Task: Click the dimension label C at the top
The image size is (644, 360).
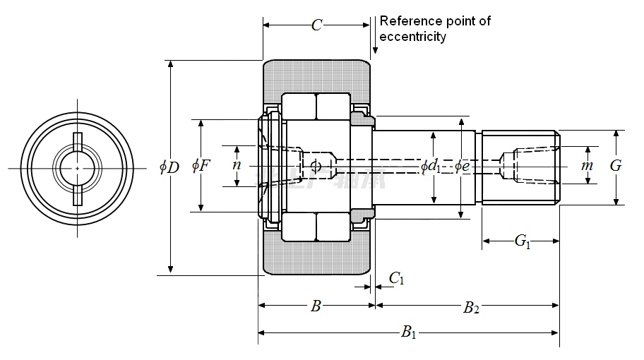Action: click(x=316, y=25)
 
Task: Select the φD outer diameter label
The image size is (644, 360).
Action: click(x=169, y=167)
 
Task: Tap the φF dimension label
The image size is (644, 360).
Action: click(x=201, y=166)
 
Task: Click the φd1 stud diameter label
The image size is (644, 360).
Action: click(x=431, y=167)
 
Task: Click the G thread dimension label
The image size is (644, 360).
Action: click(x=616, y=166)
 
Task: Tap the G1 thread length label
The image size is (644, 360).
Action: click(x=522, y=241)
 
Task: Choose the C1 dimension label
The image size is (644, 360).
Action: click(x=397, y=279)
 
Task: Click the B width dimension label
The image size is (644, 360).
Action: click(x=316, y=306)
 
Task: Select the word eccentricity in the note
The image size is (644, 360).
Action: click(x=412, y=37)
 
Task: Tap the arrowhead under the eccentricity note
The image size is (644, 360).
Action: click(x=375, y=51)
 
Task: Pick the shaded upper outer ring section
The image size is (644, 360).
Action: click(x=317, y=76)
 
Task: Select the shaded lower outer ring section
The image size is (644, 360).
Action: click(x=317, y=258)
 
